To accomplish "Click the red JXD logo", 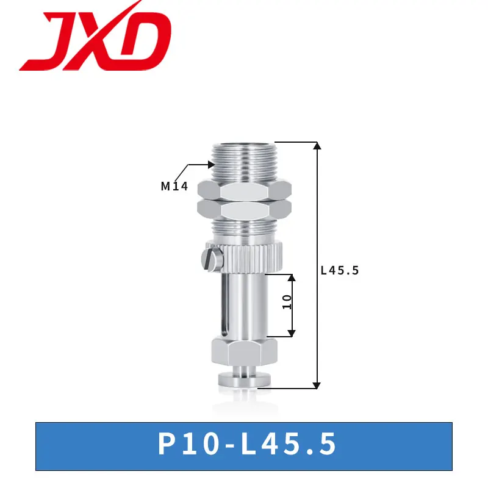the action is click(95, 37).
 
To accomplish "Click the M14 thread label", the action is click(174, 186).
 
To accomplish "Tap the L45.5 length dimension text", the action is click(340, 270).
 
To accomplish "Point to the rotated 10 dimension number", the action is click(287, 302).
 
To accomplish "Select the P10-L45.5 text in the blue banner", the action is click(247, 444).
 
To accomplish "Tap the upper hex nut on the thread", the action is click(245, 190).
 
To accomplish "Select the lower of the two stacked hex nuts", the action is click(245, 209).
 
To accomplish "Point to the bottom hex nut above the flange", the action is click(245, 353).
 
